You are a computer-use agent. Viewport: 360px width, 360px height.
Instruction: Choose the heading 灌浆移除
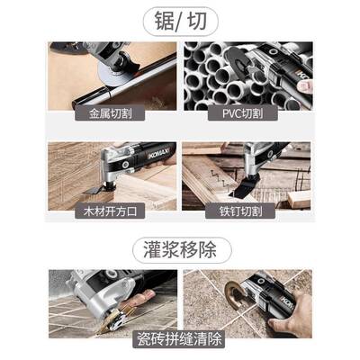180,248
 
